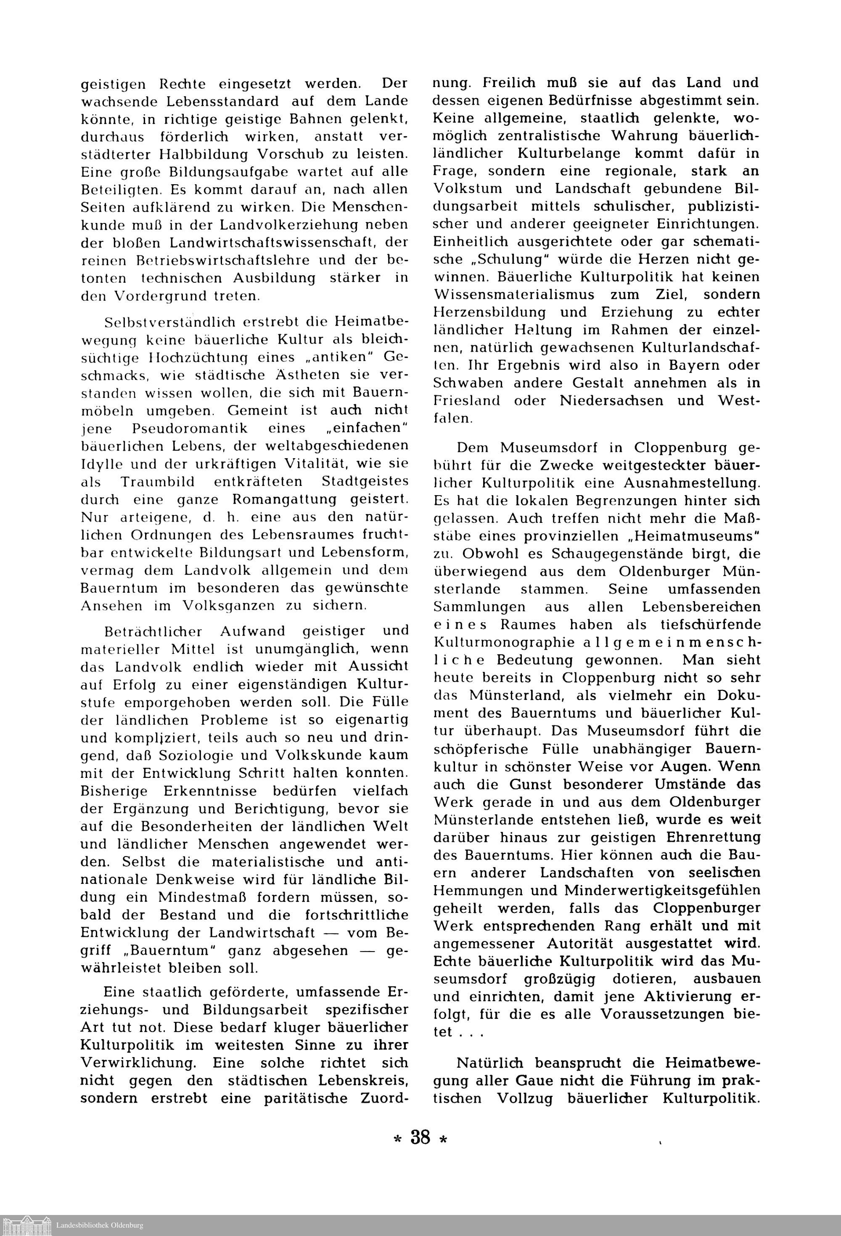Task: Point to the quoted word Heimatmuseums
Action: pos(691,536)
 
